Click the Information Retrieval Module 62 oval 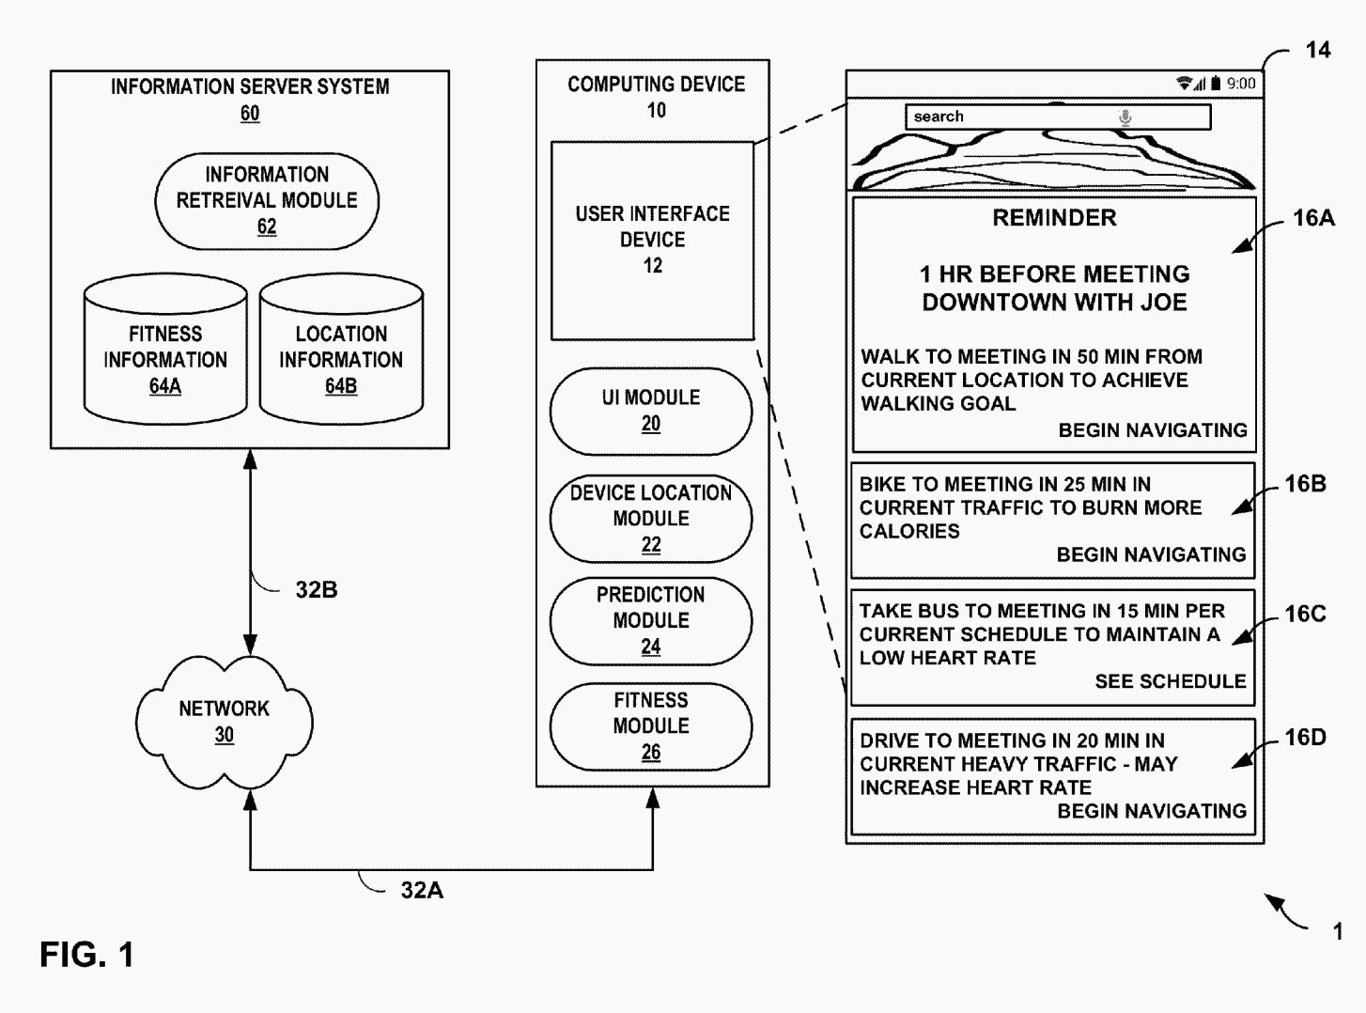[267, 201]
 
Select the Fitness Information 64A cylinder [165, 350]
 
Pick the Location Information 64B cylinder [341, 350]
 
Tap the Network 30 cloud [225, 722]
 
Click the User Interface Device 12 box [652, 241]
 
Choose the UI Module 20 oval [651, 411]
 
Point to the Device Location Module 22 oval [651, 518]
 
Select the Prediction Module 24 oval [651, 620]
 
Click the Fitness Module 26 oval [651, 725]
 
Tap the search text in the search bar [938, 117]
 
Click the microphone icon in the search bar [1125, 117]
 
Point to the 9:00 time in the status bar [1241, 84]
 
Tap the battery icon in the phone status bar [1216, 84]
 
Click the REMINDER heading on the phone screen [1054, 217]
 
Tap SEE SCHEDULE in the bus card [1171, 681]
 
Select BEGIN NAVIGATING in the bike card [1151, 554]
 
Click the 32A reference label [422, 891]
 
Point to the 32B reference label [317, 590]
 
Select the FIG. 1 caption [86, 955]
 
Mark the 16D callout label [1305, 737]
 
